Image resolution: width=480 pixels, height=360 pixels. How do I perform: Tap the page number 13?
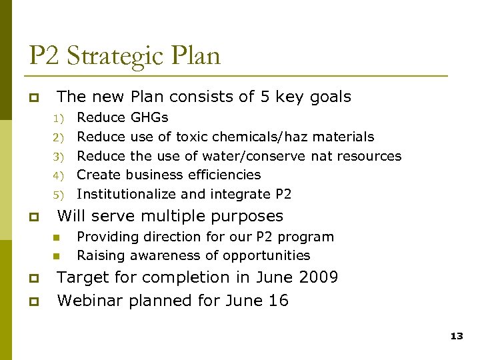[x=456, y=336]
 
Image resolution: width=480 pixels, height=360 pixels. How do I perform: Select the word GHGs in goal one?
[x=149, y=118]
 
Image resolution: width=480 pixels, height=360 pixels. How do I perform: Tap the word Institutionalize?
[x=127, y=194]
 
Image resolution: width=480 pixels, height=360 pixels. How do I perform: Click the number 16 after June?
[x=279, y=301]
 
